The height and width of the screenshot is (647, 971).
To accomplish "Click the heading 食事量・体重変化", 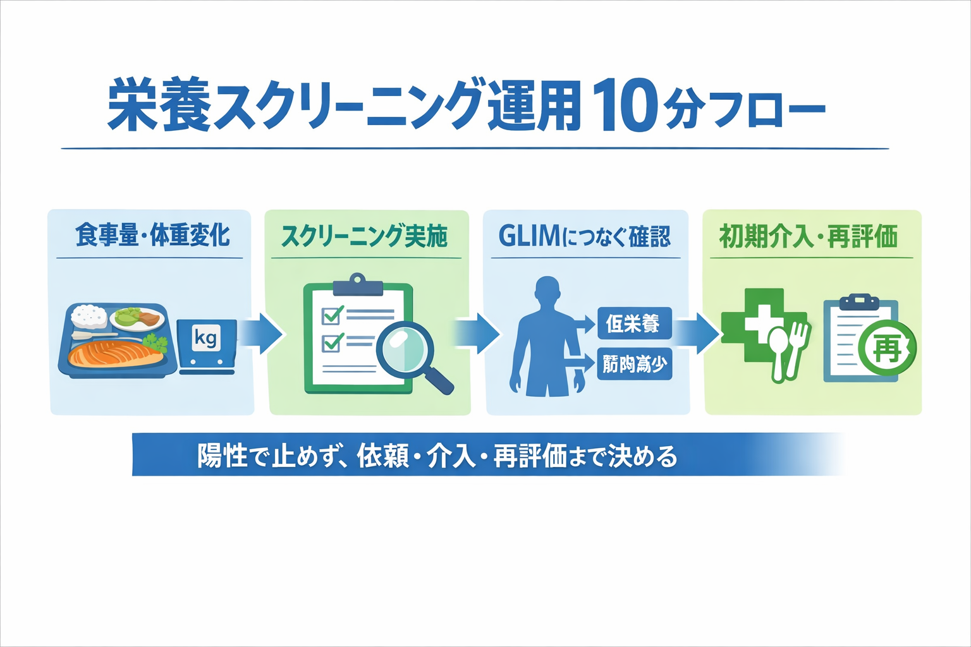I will tap(152, 235).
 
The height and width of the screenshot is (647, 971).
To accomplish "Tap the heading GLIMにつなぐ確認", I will tap(584, 236).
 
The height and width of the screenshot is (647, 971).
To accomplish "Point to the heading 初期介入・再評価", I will tap(809, 236).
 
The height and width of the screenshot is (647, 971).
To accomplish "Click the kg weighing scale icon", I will tap(207, 345).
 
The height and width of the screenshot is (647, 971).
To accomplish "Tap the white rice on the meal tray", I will tap(90, 315).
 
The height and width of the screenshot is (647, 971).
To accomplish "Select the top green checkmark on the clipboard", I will tap(333, 314).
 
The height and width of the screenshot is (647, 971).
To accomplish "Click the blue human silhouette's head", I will tap(547, 292).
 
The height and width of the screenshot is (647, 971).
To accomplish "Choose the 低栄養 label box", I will tap(633, 323).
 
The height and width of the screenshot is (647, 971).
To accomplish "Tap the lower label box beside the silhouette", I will tap(634, 364).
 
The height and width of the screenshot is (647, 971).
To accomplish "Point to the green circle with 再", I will tap(887, 348).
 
